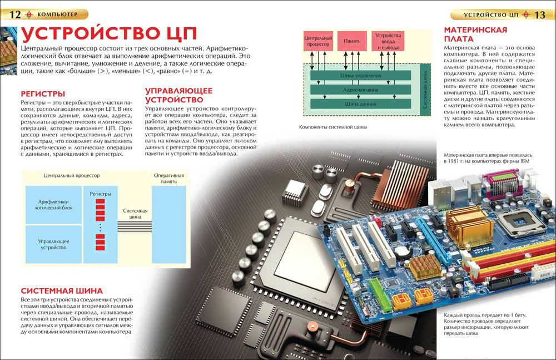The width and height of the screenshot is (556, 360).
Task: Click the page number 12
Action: [x=15, y=14]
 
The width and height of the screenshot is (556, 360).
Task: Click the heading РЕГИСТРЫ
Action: [x=43, y=94]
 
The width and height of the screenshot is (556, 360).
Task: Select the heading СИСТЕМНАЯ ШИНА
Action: [x=62, y=291]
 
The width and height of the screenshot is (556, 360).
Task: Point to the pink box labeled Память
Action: [x=352, y=41]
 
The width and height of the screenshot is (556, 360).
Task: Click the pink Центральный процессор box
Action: [x=317, y=41]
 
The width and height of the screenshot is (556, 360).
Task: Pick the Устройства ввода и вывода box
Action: [x=388, y=41]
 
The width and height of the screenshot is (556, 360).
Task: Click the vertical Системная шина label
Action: [x=425, y=88]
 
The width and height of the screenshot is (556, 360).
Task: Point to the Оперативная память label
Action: [x=168, y=179]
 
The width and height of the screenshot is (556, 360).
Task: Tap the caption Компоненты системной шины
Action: [x=333, y=127]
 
